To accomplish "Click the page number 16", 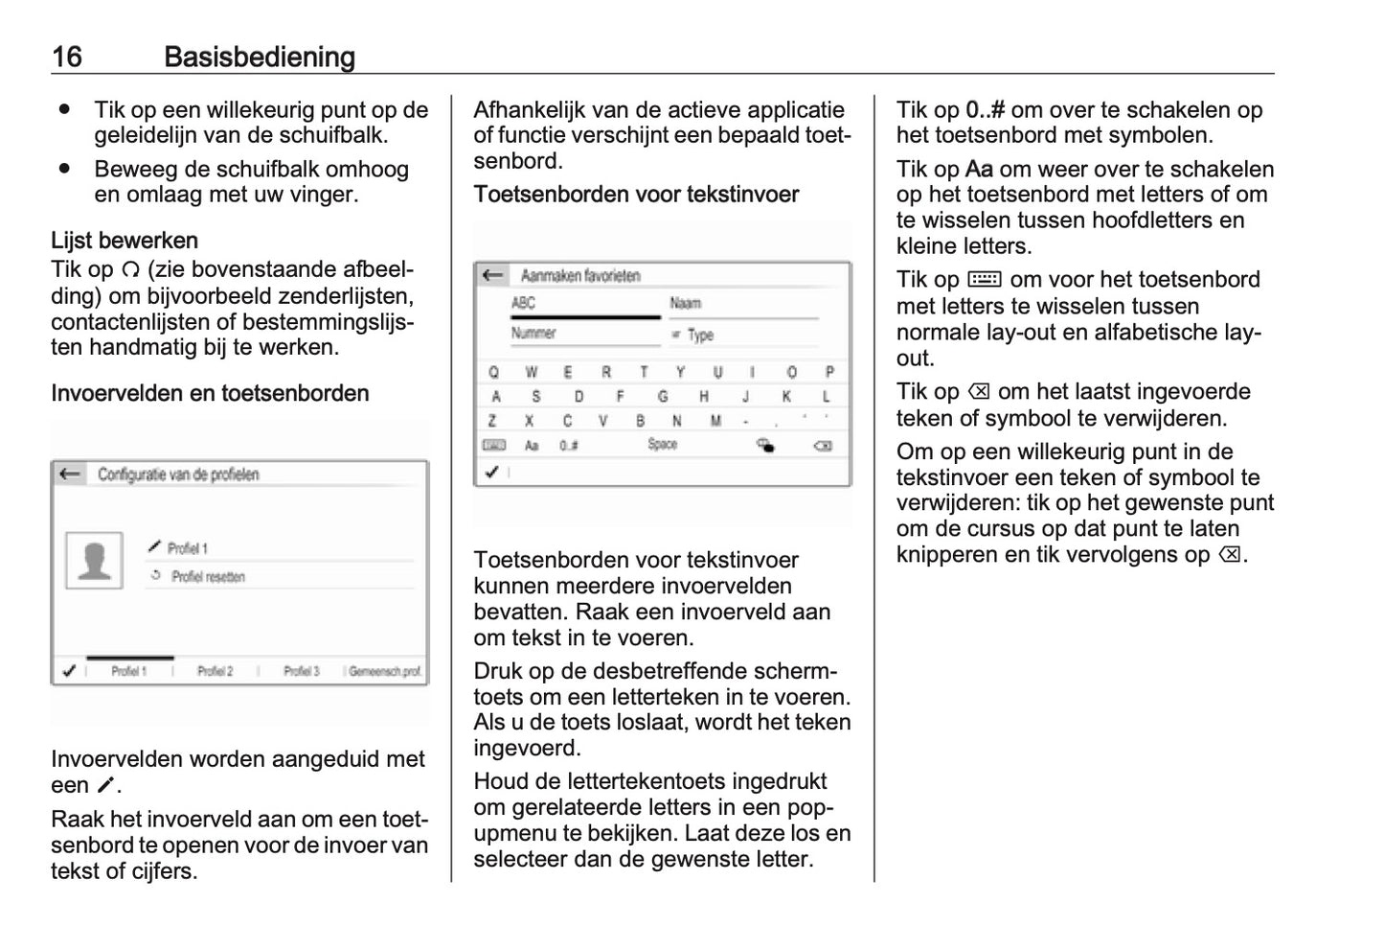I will point(67,57).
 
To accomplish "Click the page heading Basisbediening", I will point(260,57).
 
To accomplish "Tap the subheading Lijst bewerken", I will point(125,240).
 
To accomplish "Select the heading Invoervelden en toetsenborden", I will point(210,393).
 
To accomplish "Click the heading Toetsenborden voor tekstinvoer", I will point(636,194).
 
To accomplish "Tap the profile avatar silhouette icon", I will point(94,560).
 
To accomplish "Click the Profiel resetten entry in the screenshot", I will point(207,577).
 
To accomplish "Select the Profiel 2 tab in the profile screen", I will point(215,671).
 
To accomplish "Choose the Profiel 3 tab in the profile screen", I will point(301,671).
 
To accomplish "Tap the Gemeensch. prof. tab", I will point(384,671).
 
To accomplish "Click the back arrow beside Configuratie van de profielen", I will point(69,474).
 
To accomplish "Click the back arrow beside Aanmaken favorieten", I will point(492,275).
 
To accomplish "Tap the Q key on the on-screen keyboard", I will point(493,372).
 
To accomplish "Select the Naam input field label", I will point(686,303).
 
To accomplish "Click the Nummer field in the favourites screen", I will point(533,334).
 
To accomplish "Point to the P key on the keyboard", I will point(829,372).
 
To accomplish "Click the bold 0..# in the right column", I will point(985,109).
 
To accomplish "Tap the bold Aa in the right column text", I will point(979,169).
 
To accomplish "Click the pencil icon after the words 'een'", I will point(105,785).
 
